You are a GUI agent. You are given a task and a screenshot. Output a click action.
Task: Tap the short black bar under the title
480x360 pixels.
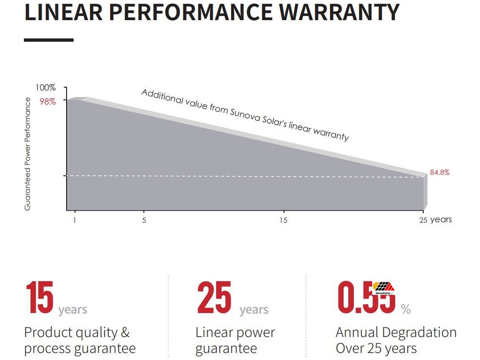[x=49, y=40]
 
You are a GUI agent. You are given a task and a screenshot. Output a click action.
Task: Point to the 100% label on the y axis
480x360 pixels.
[x=46, y=88]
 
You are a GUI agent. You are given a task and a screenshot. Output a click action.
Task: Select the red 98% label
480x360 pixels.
[x=47, y=101]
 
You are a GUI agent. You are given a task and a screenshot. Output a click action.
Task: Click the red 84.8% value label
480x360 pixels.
[x=440, y=172]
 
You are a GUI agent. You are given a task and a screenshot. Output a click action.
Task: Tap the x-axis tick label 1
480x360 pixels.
[x=75, y=220]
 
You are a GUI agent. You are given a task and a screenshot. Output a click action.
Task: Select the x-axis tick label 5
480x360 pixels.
[x=144, y=220]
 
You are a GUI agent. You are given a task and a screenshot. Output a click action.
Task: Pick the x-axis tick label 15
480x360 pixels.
[x=284, y=220]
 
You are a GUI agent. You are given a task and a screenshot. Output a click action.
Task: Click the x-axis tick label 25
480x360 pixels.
[x=423, y=220]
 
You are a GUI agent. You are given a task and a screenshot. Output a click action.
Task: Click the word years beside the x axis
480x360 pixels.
[x=441, y=219]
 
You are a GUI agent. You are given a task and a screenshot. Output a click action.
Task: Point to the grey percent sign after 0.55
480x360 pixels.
[x=405, y=309]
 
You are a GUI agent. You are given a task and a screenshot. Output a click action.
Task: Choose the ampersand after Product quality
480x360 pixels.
[x=125, y=333]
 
